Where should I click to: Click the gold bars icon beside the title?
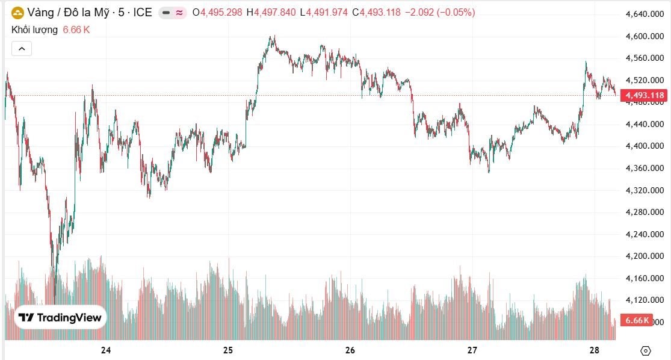point(17,12)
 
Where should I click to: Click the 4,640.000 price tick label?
point(645,14)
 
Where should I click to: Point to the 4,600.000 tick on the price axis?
point(645,36)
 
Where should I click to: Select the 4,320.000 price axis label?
point(645,190)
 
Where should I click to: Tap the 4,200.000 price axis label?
point(645,256)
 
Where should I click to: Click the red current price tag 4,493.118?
point(645,95)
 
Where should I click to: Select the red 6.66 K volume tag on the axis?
point(637,320)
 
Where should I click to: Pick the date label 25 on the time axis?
point(228,350)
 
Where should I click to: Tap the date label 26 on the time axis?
point(351,350)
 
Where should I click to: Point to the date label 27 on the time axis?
point(472,350)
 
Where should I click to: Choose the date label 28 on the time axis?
point(595,350)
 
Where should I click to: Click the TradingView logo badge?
point(60,317)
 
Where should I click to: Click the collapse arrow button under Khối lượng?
point(22,49)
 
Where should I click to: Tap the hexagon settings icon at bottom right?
point(646,350)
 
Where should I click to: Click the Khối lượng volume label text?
point(35,29)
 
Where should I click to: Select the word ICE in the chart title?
point(142,12)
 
